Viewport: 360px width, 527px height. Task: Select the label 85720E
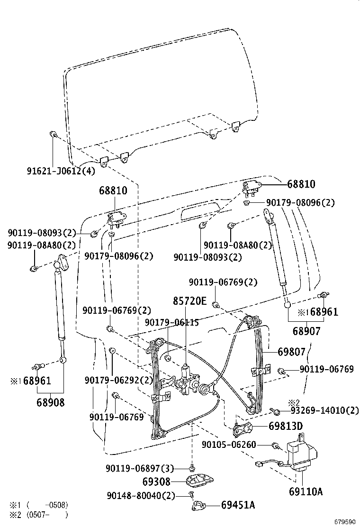tap(189, 300)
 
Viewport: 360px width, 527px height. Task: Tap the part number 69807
tap(291, 352)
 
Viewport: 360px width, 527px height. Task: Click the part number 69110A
tap(306, 491)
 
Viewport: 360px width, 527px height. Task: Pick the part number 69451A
tap(238, 505)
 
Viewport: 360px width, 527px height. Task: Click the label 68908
tap(51, 402)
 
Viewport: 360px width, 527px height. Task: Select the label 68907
tap(306, 331)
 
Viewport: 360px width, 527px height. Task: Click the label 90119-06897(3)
tap(140, 468)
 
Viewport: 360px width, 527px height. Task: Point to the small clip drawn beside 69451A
tap(199, 505)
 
